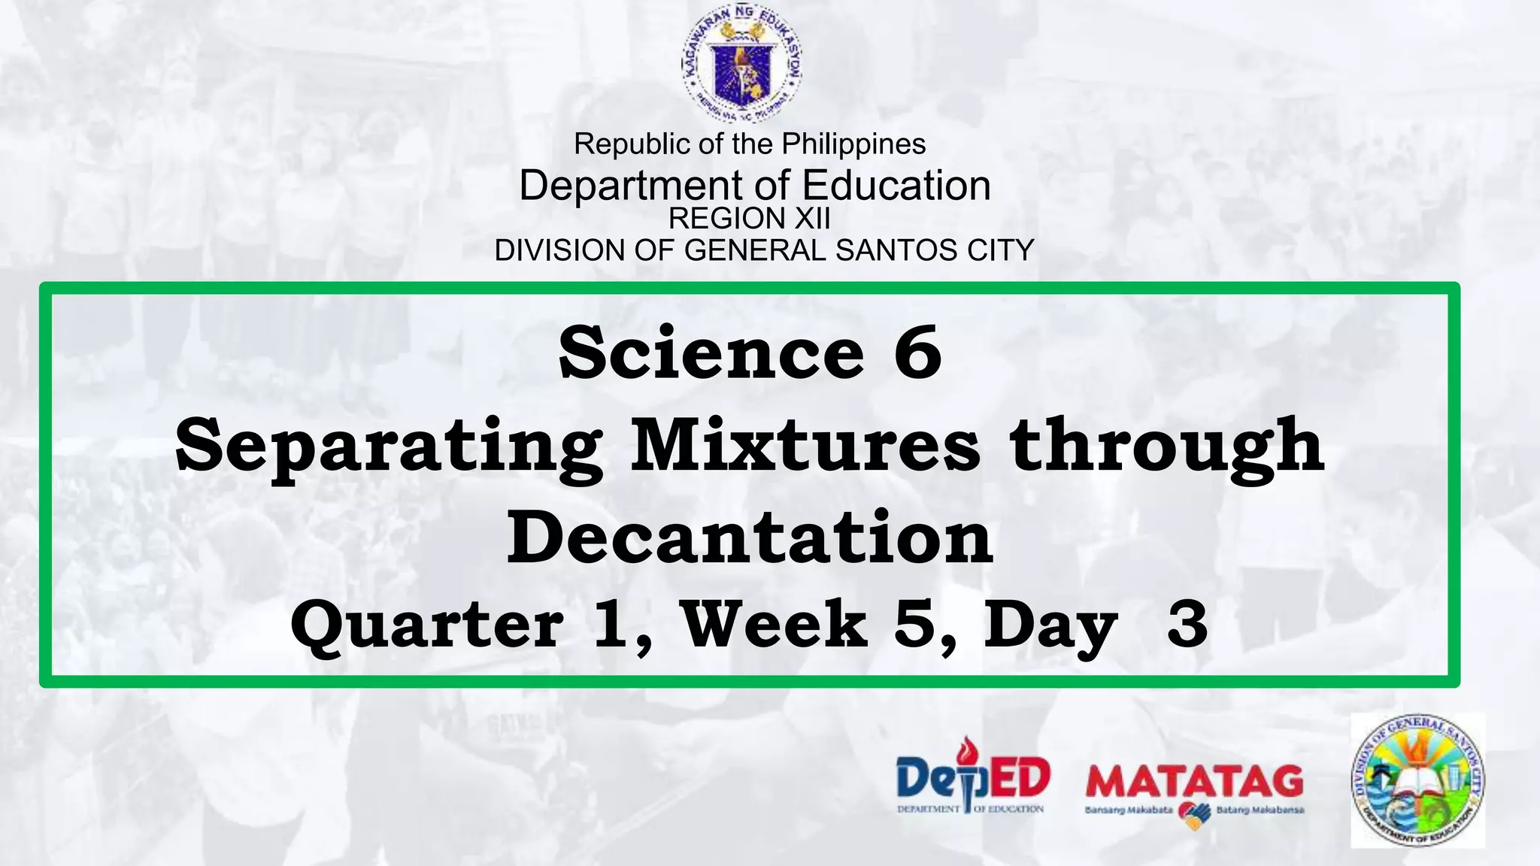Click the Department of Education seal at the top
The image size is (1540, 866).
click(x=742, y=66)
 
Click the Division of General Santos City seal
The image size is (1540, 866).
click(x=1417, y=780)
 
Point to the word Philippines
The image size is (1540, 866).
click(x=853, y=144)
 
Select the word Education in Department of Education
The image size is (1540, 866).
click(x=896, y=185)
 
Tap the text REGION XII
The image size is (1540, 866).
click(x=750, y=219)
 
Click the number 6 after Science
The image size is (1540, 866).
click(x=917, y=353)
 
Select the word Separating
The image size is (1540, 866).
click(x=389, y=447)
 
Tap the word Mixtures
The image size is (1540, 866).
click(x=805, y=446)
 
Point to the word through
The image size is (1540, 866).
click(x=1167, y=447)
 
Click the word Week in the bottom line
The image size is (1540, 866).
click(x=775, y=624)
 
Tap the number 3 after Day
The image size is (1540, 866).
click(x=1187, y=624)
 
